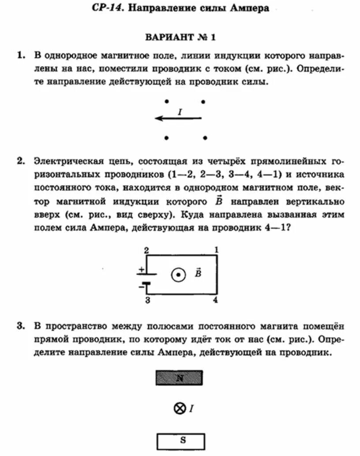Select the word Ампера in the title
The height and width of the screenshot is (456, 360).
pos(248,8)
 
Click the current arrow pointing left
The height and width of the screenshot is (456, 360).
pos(178,118)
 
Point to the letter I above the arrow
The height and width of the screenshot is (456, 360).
pos(180,112)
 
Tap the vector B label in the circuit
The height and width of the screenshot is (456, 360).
pos(198,273)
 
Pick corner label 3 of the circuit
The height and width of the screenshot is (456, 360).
pos(146,300)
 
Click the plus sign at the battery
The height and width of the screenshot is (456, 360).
pos(141,269)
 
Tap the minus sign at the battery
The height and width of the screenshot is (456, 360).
pos(141,287)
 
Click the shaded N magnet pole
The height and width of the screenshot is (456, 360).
pos(180,378)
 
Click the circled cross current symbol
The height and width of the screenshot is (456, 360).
pos(179,409)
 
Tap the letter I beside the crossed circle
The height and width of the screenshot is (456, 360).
pos(191,409)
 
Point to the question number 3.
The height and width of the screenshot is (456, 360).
pos(20,327)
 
